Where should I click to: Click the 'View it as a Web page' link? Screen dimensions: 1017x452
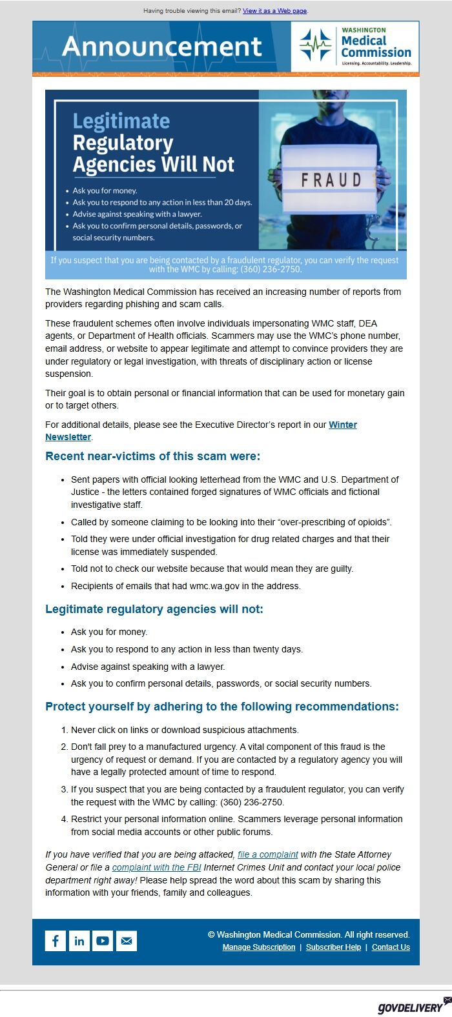pyautogui.click(x=274, y=11)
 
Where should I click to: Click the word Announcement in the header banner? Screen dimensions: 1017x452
pyautogui.click(x=162, y=46)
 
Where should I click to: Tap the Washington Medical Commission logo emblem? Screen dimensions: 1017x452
pyautogui.click(x=315, y=46)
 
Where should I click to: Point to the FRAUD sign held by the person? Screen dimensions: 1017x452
pyautogui.click(x=331, y=179)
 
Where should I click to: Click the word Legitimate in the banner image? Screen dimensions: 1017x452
pyautogui.click(x=121, y=121)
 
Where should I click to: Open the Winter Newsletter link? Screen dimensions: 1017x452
pyautogui.click(x=342, y=425)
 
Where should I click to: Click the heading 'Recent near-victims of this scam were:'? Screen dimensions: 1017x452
pyautogui.click(x=152, y=456)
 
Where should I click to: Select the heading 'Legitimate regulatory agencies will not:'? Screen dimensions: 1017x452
pyautogui.click(x=154, y=609)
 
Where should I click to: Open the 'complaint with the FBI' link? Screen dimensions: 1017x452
pyautogui.click(x=156, y=867)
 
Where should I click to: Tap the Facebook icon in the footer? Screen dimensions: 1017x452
pyautogui.click(x=56, y=941)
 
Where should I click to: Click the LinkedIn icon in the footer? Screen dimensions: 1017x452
pyautogui.click(x=79, y=941)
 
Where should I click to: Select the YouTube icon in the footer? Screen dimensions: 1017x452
pyautogui.click(x=103, y=941)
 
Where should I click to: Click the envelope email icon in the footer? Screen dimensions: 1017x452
pyautogui.click(x=127, y=941)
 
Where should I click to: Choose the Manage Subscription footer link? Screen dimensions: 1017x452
pyautogui.click(x=258, y=947)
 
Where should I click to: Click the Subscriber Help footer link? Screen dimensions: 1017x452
pyautogui.click(x=333, y=947)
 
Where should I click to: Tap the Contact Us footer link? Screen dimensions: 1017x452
pyautogui.click(x=391, y=947)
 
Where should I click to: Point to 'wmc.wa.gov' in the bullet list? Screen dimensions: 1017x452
pyautogui.click(x=214, y=586)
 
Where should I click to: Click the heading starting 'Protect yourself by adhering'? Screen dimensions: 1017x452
pyautogui.click(x=221, y=707)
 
